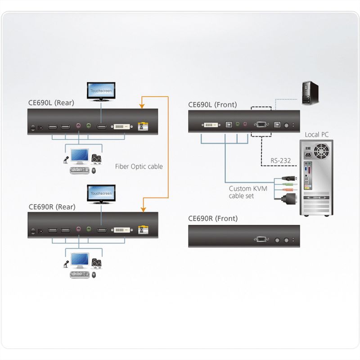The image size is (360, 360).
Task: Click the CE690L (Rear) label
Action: coord(51,103)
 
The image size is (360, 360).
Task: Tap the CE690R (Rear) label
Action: coord(52,207)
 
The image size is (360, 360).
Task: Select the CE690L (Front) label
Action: coord(212,105)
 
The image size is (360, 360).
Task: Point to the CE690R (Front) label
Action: coord(213,218)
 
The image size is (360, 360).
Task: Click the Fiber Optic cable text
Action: coord(139,166)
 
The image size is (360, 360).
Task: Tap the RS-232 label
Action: coord(280,161)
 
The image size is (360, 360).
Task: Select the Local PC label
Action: coord(317,135)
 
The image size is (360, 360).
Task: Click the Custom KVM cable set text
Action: coord(248,192)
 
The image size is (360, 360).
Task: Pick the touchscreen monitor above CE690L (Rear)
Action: coord(101,92)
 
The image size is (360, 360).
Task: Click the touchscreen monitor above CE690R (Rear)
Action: coord(101,194)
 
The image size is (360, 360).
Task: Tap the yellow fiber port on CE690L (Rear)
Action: coord(143,126)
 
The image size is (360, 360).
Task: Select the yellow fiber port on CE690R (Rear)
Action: coord(143,230)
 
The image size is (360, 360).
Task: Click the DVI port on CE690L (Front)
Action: coord(211,125)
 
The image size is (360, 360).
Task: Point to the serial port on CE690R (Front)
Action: coord(261,239)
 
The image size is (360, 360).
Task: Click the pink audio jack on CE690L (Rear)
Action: coord(78,126)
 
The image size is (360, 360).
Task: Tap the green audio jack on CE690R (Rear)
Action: coord(89,229)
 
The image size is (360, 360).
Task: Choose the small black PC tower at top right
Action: coord(310,93)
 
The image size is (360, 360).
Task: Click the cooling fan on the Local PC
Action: coord(321,151)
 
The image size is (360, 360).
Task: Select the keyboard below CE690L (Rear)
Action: coord(80,170)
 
